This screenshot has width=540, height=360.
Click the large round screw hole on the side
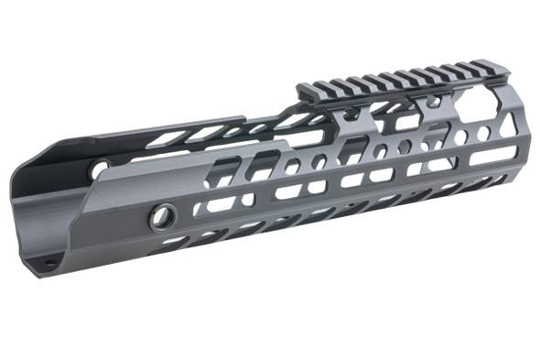(164, 217)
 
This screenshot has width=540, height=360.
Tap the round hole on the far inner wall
(99, 169)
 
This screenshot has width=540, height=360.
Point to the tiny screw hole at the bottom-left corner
(49, 264)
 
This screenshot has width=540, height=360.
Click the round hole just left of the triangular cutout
(483, 134)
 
